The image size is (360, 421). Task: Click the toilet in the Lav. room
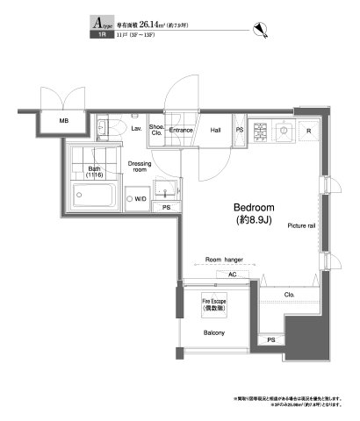click(x=117, y=128)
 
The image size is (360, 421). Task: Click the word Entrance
click(x=181, y=130)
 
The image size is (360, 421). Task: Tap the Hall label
click(x=214, y=130)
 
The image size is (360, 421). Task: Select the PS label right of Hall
click(x=240, y=130)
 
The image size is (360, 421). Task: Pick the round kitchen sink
click(x=285, y=132)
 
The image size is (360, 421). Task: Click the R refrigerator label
click(x=308, y=131)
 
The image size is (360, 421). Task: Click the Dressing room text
click(x=141, y=166)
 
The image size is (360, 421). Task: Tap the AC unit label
click(x=232, y=275)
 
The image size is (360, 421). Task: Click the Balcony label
click(x=214, y=333)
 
